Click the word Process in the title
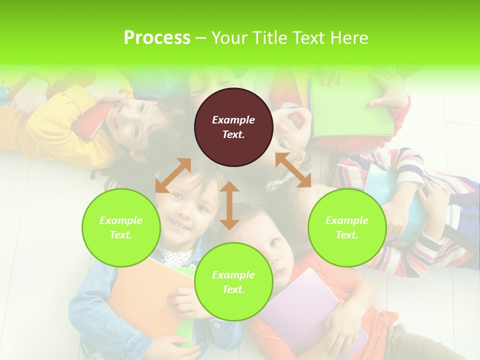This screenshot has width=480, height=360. [x=157, y=38]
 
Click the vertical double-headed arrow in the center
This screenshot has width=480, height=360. [x=229, y=205]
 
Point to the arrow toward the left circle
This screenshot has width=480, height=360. [x=173, y=175]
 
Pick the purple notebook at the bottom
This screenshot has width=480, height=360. [x=300, y=305]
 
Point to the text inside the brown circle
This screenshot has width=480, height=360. [x=233, y=127]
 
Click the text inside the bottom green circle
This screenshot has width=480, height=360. [x=233, y=282]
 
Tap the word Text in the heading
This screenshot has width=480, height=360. [x=309, y=38]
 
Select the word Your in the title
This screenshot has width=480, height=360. [x=229, y=38]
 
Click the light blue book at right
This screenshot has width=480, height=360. [x=395, y=200]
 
